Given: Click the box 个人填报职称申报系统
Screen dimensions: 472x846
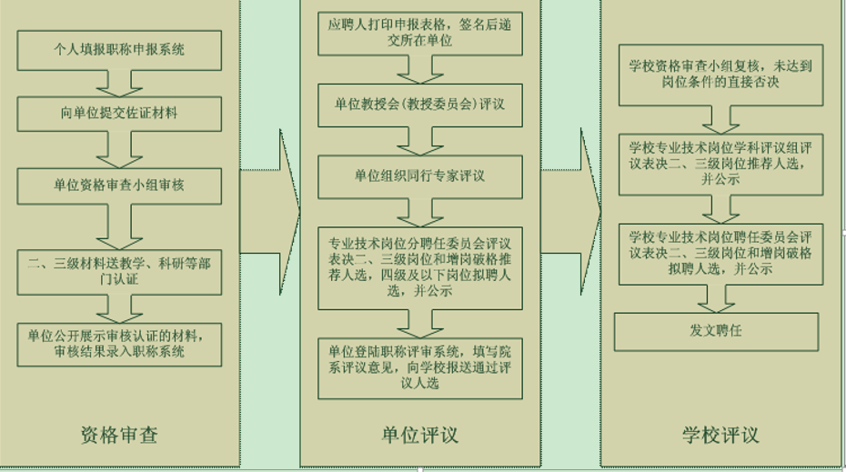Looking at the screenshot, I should pyautogui.click(x=119, y=48).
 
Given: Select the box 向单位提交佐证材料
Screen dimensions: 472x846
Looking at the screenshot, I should pyautogui.click(x=119, y=114).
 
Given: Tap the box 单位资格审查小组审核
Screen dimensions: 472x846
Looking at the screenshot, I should pyautogui.click(x=119, y=186).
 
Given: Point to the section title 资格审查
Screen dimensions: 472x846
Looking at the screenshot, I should pyautogui.click(x=118, y=434).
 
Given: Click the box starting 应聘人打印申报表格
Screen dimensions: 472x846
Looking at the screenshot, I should pyautogui.click(x=419, y=35).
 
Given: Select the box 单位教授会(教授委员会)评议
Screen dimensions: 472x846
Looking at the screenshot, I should pyautogui.click(x=419, y=105).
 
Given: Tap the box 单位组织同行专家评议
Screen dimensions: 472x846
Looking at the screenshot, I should pyautogui.click(x=419, y=175).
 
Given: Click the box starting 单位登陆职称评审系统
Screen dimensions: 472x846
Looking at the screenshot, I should pyautogui.click(x=419, y=367).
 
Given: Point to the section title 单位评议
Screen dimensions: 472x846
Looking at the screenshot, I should pyautogui.click(x=419, y=434).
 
